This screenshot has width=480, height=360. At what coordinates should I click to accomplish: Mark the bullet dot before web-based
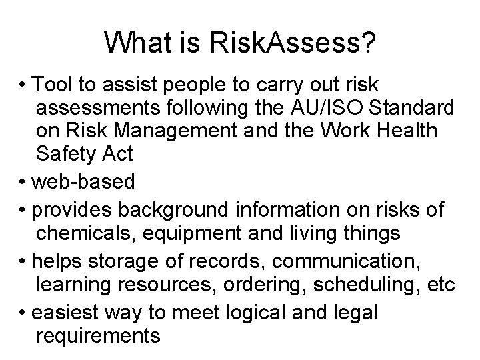click(26, 181)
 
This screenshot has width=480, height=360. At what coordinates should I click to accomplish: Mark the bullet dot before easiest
click(26, 312)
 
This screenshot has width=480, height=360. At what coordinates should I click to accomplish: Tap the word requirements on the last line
click(99, 335)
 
